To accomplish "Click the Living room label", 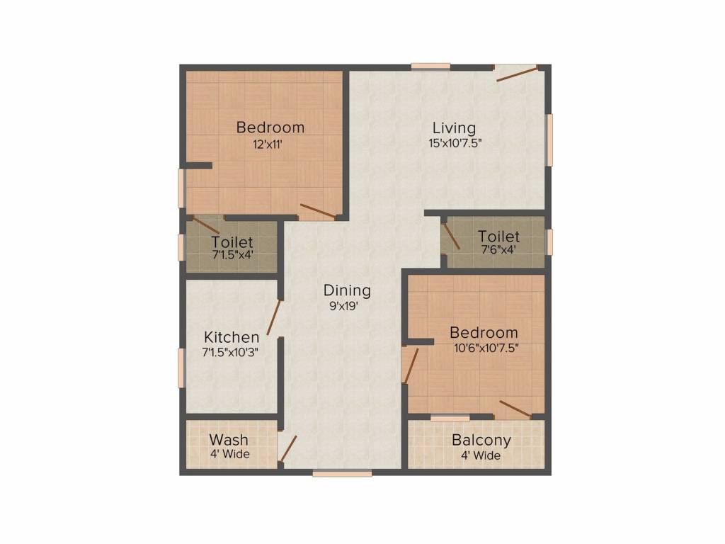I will (454, 128).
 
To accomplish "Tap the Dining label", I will (347, 290).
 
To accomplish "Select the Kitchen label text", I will (232, 337).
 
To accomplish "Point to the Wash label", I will (229, 440).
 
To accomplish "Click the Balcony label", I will (481, 440).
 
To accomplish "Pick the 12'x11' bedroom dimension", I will (270, 143).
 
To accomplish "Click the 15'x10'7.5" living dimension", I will (459, 143).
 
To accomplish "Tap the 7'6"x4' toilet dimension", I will (498, 249).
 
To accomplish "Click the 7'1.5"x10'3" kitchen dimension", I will (230, 351).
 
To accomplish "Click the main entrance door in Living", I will (518, 74).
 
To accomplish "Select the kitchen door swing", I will (274, 317).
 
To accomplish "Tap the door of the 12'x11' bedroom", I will (317, 210).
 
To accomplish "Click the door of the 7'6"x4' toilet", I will (452, 237).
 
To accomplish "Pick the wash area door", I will (287, 448).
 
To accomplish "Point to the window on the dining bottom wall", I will (342, 472).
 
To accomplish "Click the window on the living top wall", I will (430, 67).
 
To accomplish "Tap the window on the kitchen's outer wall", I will (181, 368).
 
